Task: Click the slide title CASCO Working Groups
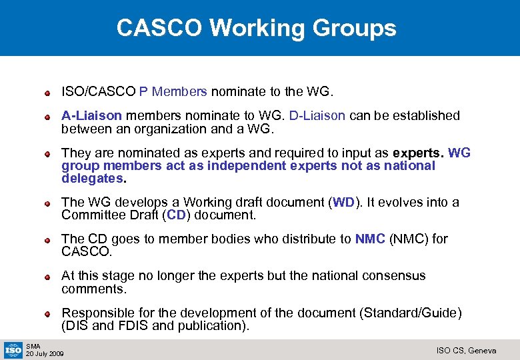(256, 28)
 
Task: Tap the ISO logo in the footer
(13, 349)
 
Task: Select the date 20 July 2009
(45, 353)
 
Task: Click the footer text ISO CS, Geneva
(466, 351)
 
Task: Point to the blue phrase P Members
(173, 91)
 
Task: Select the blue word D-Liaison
(317, 115)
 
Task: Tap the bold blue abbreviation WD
(343, 202)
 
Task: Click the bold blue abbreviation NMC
(370, 239)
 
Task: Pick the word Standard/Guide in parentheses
(413, 313)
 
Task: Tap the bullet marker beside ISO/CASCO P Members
(48, 91)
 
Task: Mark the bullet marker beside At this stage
(48, 276)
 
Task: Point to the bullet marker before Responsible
(48, 313)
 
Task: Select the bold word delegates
(92, 179)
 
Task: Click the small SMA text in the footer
(33, 346)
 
